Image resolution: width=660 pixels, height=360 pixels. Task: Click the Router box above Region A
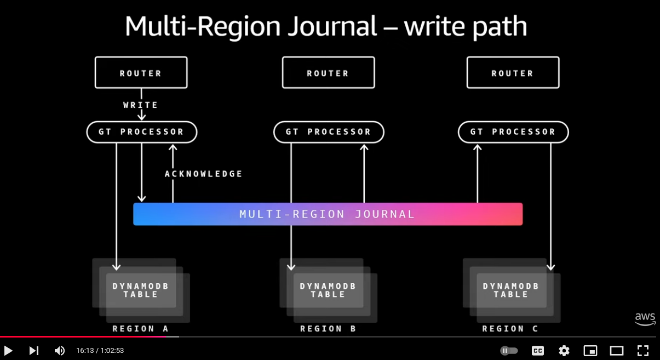point(141,73)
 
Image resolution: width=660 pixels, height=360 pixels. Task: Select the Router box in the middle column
point(328,73)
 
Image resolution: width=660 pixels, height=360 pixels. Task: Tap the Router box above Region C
point(513,73)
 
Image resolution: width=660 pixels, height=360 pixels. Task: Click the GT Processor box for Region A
point(141,132)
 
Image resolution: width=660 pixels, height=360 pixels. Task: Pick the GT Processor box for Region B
point(329,132)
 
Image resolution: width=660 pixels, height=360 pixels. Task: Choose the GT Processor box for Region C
point(513,132)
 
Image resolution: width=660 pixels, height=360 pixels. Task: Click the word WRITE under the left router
point(141,105)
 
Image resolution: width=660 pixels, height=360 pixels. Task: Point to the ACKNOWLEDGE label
point(204,174)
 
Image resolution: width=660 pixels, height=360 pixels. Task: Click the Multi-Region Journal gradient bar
point(328,214)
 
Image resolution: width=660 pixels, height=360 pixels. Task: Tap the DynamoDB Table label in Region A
point(141,290)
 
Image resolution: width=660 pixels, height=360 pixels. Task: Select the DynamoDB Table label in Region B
point(328,290)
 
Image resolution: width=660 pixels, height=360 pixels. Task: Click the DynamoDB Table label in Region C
point(511,290)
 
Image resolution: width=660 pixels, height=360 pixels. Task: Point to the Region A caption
point(141,329)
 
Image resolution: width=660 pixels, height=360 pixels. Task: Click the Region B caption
point(328,329)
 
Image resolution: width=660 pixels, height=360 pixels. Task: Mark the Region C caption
point(510,329)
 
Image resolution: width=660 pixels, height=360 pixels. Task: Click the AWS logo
point(645,319)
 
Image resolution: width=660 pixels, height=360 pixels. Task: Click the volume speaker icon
point(60,351)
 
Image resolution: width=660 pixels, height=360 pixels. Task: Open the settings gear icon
point(564,351)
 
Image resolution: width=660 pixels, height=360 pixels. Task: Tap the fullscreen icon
point(643,351)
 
